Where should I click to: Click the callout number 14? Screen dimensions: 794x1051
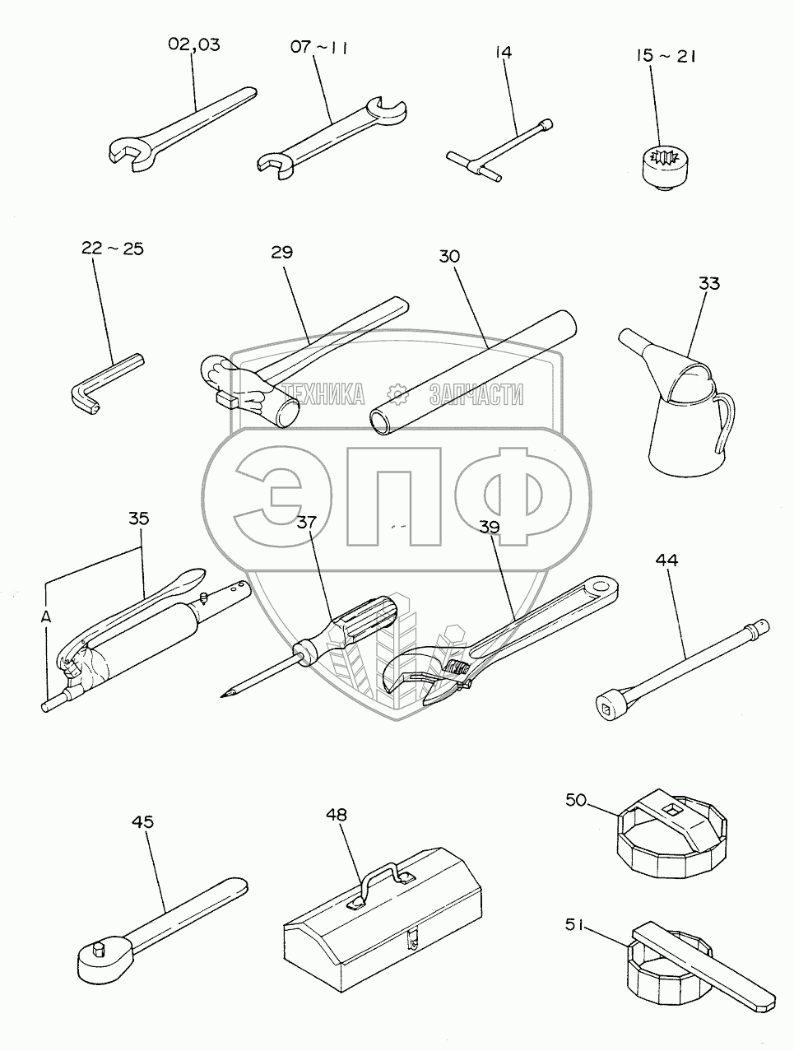pos(503,52)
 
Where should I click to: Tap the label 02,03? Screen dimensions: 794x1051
pos(194,44)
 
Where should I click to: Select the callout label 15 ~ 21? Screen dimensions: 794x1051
pos(666,56)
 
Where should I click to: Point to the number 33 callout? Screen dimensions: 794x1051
pos(708,283)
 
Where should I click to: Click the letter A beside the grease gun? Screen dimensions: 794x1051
pos(46,617)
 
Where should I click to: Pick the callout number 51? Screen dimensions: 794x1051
pos(575,925)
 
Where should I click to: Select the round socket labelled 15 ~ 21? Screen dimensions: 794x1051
pos(666,168)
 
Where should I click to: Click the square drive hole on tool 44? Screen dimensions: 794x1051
pos(606,709)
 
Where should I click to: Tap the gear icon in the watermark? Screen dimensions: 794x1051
pos(397,394)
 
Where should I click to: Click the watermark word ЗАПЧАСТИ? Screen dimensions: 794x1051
pos(476,395)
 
